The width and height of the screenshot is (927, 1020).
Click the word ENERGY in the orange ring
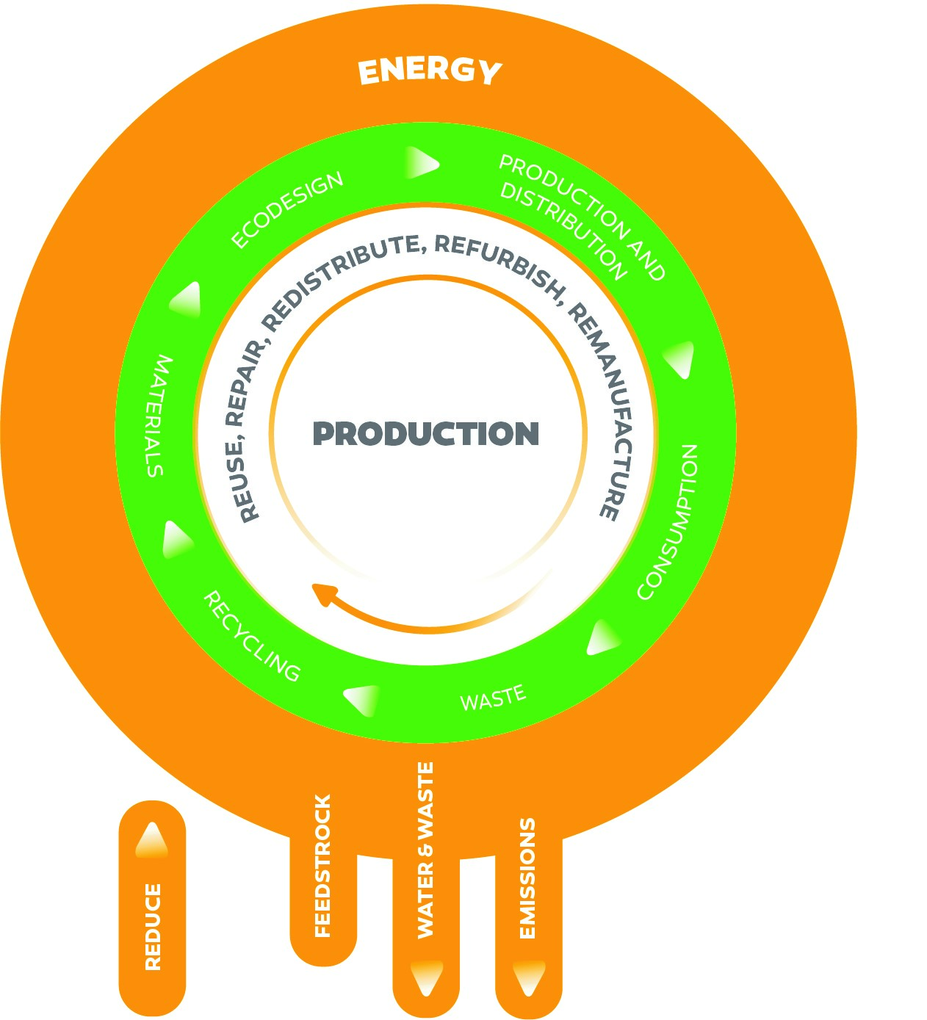point(430,72)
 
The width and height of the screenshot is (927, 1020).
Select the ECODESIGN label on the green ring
point(287,210)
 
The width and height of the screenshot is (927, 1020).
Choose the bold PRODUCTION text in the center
point(426,433)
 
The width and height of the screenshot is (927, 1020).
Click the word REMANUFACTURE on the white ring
point(609,411)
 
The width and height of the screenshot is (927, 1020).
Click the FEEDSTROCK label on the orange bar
point(322,866)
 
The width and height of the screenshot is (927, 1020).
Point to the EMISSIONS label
point(527,878)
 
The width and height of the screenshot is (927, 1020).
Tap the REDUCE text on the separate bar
point(153,927)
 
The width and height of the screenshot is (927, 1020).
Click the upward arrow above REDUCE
point(152,839)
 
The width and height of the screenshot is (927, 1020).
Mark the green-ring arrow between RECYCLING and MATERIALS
point(176,541)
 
